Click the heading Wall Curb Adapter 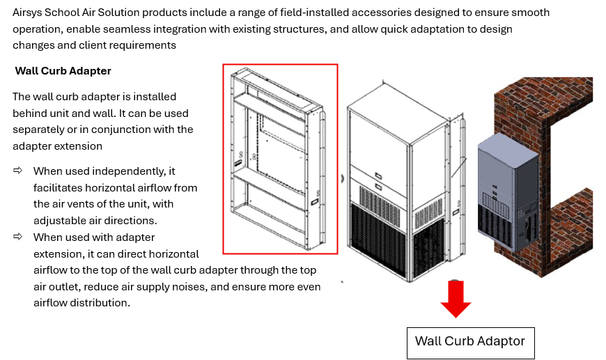tap(63, 71)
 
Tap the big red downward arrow tap(456, 300)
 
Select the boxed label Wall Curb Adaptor tap(470, 342)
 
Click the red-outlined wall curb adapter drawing tap(280, 159)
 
